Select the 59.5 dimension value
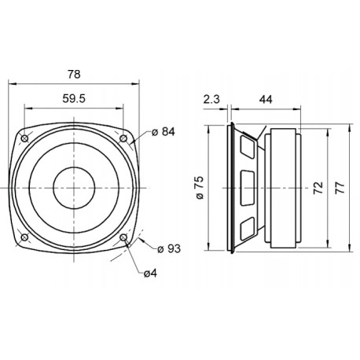click(x=74, y=100)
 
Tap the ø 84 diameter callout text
click(x=162, y=132)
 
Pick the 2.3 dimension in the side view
click(x=211, y=100)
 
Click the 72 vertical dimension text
click(x=318, y=189)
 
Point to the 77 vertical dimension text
click(x=340, y=189)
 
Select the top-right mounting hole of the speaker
click(x=124, y=138)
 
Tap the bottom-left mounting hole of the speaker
click(x=25, y=238)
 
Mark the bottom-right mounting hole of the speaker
click(x=124, y=238)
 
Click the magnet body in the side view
click(x=281, y=189)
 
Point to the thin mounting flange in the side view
click(x=230, y=189)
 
